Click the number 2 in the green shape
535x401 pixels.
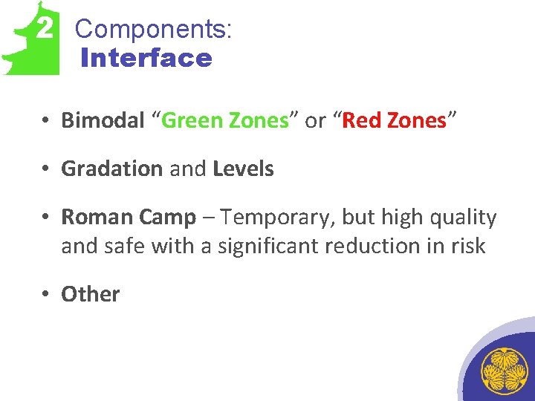coord(45,29)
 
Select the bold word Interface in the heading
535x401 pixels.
coord(146,58)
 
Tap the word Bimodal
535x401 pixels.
coord(103,120)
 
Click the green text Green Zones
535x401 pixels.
coord(224,120)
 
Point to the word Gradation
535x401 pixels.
coord(112,169)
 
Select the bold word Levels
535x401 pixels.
coord(243,169)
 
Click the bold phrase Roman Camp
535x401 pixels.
coord(129,218)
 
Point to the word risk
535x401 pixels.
coord(466,246)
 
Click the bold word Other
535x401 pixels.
coord(90,294)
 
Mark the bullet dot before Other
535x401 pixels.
coord(46,295)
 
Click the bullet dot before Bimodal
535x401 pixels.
coord(46,121)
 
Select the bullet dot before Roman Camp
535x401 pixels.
coord(46,218)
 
